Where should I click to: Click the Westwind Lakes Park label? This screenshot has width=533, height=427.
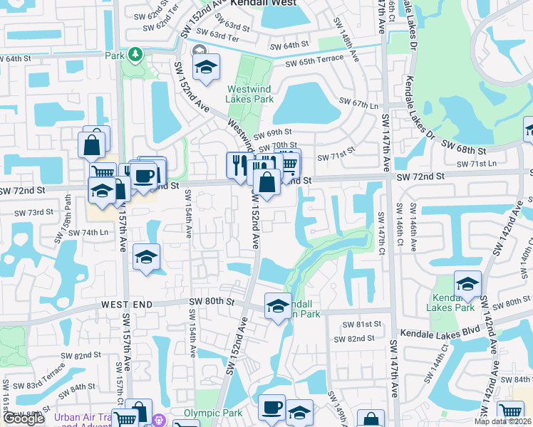pos(250,94)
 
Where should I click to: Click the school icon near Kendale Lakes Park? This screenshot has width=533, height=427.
pos(468,284)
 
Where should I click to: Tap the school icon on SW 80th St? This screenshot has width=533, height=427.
pos(277,306)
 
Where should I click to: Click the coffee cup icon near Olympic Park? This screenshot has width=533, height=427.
pos(271,407)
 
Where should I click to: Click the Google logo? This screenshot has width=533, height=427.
pos(24,419)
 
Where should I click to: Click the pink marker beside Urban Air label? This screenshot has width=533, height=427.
pos(160,420)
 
